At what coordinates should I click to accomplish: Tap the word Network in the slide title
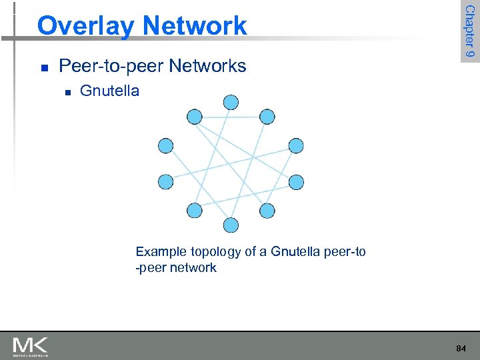pyautogui.click(x=195, y=26)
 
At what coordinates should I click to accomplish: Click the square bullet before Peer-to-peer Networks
pyautogui.click(x=43, y=67)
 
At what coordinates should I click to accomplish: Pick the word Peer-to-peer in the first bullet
pyautogui.click(x=112, y=66)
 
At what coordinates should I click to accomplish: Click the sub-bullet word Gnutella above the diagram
pyautogui.click(x=109, y=91)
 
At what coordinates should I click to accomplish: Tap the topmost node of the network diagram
pyautogui.click(x=231, y=102)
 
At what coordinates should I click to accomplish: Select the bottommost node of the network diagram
pyautogui.click(x=231, y=225)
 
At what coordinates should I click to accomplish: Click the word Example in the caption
pyautogui.click(x=161, y=252)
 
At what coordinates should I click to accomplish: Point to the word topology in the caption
pyautogui.click(x=213, y=252)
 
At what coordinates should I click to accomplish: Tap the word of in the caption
pyautogui.click(x=250, y=252)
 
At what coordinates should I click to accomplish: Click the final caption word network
pyautogui.click(x=193, y=268)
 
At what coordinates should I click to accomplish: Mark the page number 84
pyautogui.click(x=461, y=349)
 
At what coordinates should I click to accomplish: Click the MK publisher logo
pyautogui.click(x=30, y=346)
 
